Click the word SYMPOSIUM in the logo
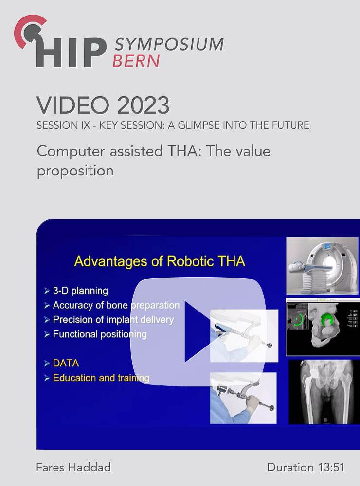[x=169, y=44]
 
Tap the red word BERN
[x=136, y=61]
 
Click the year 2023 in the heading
[x=144, y=105]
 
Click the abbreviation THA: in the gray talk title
[x=185, y=151]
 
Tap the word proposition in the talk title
[x=75, y=171]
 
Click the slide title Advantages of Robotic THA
[x=160, y=261]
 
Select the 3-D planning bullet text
[x=80, y=291]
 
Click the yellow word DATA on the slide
[x=66, y=363]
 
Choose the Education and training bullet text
[x=101, y=378]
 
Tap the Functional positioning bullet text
[x=100, y=334]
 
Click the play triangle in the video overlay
[x=198, y=331]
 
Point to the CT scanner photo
[x=322, y=266]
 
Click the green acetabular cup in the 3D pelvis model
[x=326, y=320]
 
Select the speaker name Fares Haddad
[x=73, y=467]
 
